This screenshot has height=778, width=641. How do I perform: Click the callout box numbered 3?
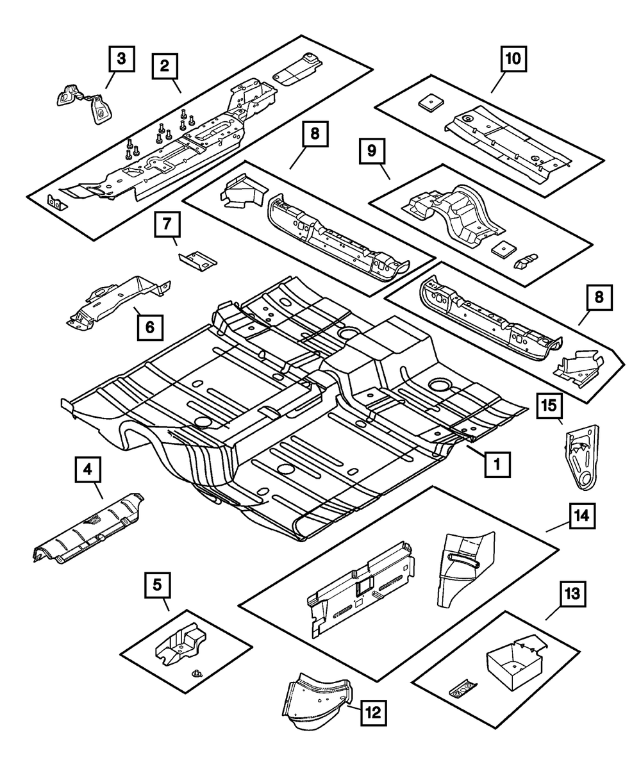[x=121, y=60]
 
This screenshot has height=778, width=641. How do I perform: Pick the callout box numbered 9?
[x=372, y=152]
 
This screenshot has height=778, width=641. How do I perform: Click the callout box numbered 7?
[x=166, y=225]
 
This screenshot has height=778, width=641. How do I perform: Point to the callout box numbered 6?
[x=149, y=327]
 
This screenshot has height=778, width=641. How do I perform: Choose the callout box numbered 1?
[x=497, y=463]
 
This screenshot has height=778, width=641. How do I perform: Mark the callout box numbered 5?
[x=157, y=584]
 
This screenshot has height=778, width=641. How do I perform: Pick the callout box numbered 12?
[x=374, y=711]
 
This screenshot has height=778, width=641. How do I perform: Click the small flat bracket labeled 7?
[x=197, y=260]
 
